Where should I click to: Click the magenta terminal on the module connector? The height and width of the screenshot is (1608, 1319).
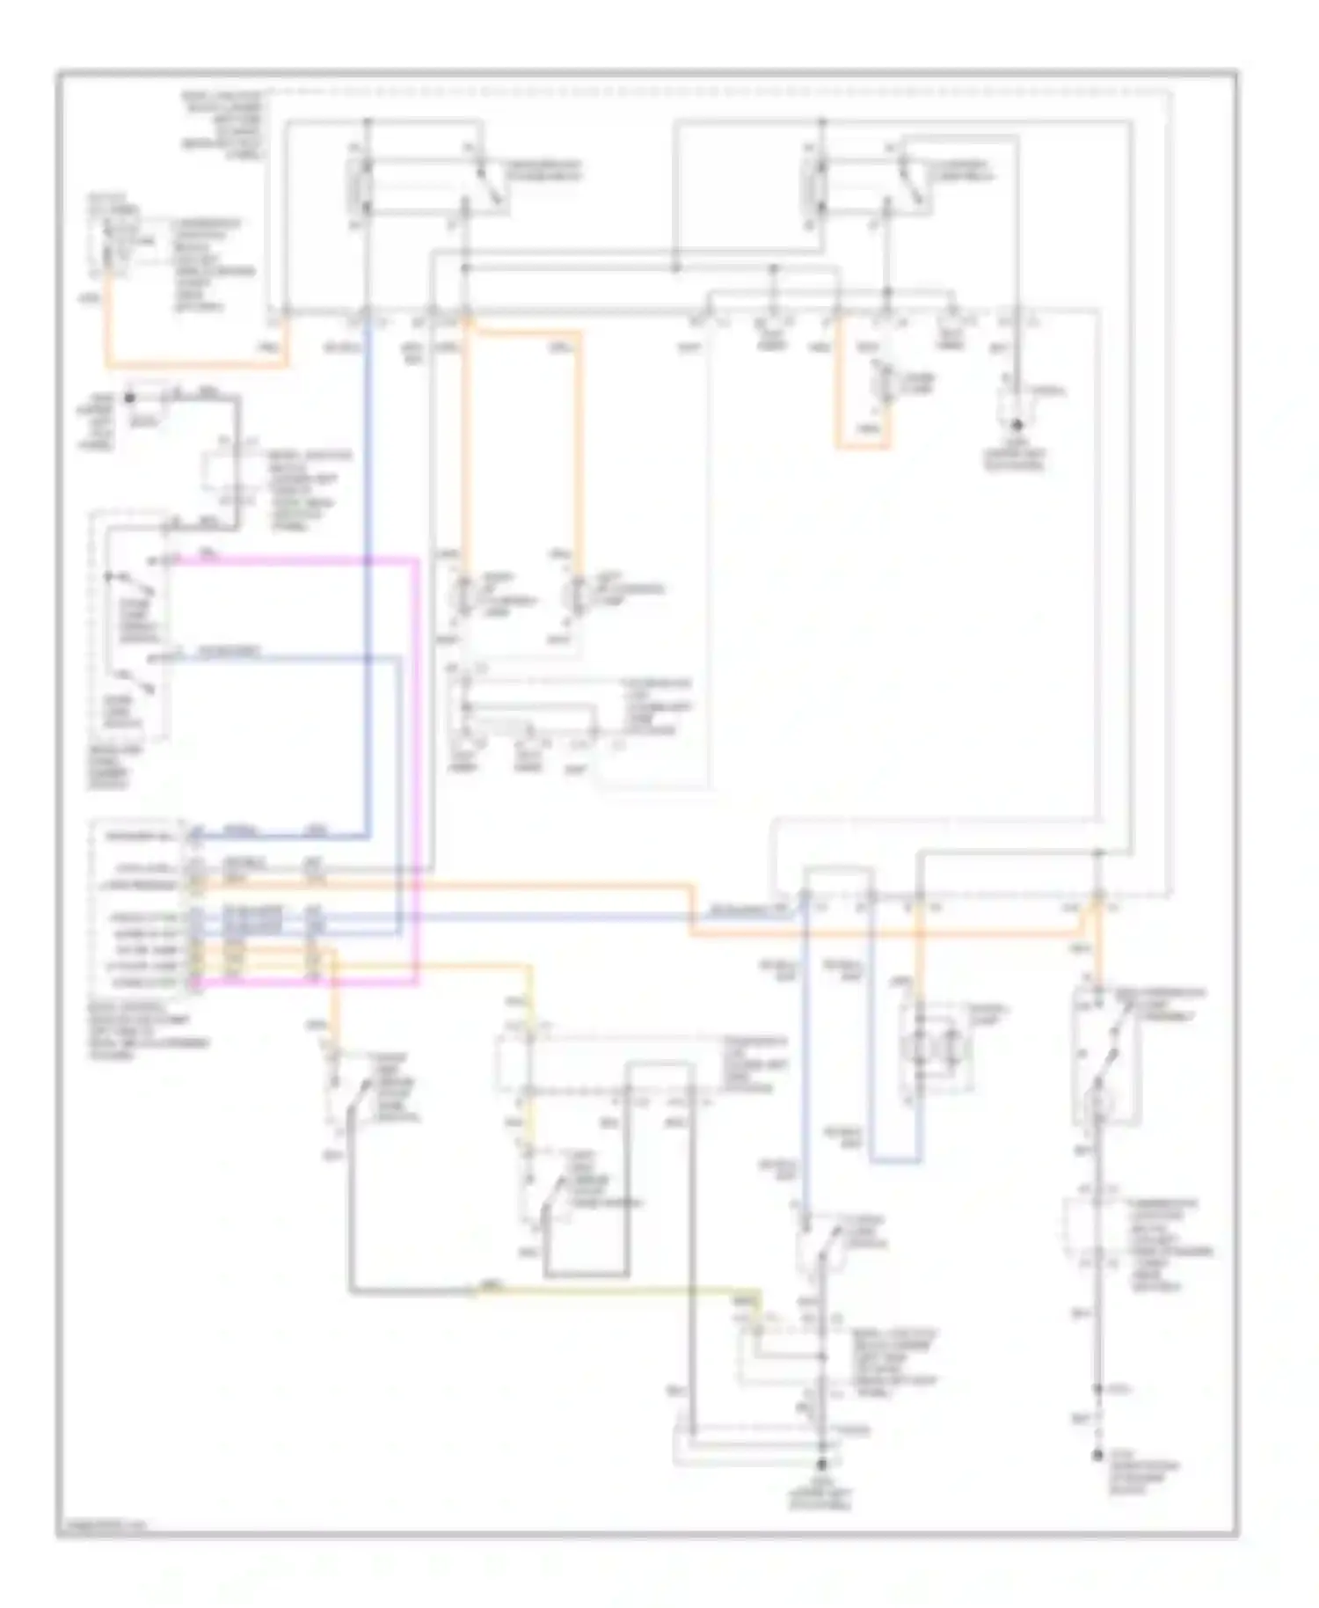[195, 982]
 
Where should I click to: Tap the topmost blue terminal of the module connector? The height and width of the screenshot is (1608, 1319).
[195, 834]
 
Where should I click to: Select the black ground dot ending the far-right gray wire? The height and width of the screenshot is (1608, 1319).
[1097, 1457]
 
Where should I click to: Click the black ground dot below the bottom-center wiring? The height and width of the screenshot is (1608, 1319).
[823, 1465]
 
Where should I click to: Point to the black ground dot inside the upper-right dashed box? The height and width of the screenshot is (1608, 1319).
[1017, 425]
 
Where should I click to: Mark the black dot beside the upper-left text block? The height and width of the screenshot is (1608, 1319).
[130, 398]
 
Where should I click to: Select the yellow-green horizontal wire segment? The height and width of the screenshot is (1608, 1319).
[616, 1290]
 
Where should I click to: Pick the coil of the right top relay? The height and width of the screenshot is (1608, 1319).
[813, 186]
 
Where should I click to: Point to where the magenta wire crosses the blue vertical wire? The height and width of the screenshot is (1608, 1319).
[368, 560]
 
